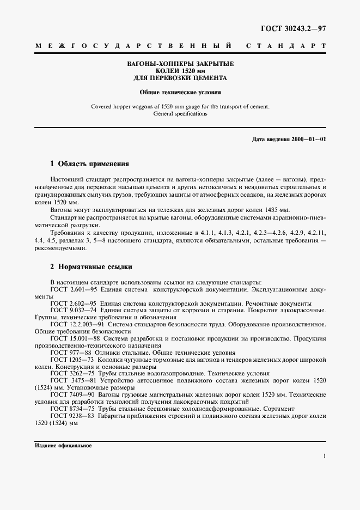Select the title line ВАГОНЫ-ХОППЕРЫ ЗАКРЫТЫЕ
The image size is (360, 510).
[x=180, y=64]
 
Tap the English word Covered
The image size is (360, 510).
[x=102, y=107]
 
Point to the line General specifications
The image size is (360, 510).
[x=180, y=114]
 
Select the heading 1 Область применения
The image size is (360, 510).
[x=89, y=163]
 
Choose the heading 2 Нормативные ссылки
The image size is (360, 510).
[x=91, y=267]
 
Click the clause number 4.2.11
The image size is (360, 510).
[x=317, y=231]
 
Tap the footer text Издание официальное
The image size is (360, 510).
[x=63, y=445]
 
